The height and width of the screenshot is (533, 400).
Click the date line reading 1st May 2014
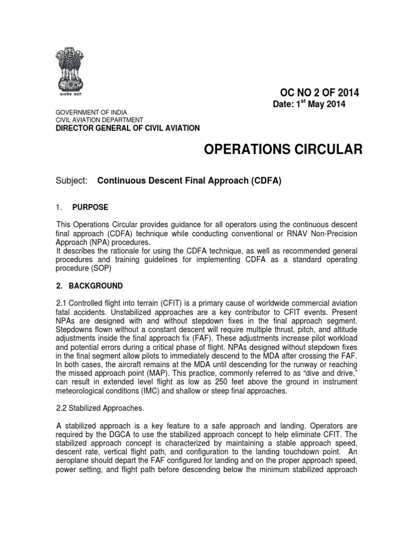[x=309, y=105]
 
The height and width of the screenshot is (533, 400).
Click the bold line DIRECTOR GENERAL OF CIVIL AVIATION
[x=127, y=128]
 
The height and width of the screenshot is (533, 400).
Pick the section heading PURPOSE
[x=90, y=207]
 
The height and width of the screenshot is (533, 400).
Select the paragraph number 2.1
[x=61, y=303]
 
